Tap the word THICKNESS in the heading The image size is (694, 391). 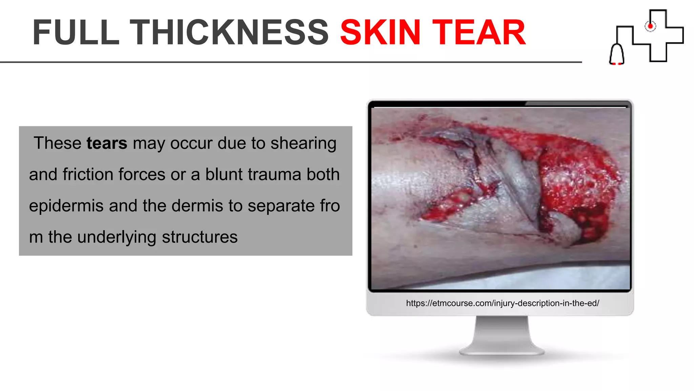click(x=229, y=33)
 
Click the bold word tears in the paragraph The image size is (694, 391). click(x=107, y=143)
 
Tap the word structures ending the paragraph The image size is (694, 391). click(x=200, y=237)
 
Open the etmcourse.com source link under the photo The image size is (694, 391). click(x=503, y=303)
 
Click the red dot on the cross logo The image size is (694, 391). click(x=650, y=26)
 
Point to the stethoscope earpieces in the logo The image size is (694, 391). click(x=617, y=63)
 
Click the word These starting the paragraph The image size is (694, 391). click(x=57, y=143)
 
